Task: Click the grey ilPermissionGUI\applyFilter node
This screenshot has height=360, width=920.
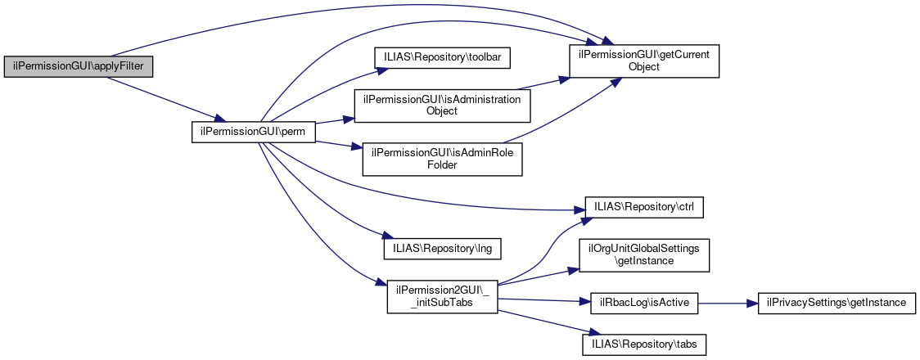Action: [x=79, y=66]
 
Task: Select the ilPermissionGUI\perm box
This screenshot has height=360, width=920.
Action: [x=253, y=131]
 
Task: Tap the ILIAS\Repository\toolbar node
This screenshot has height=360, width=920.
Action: [x=442, y=57]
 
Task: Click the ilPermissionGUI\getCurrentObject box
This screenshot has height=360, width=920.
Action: [x=644, y=61]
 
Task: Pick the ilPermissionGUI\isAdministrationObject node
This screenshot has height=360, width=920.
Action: [x=442, y=105]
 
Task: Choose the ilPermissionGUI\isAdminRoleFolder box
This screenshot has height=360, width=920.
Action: [x=442, y=159]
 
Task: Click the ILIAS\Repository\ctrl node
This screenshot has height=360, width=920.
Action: [x=643, y=207]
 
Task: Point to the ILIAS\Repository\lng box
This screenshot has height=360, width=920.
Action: [x=442, y=245]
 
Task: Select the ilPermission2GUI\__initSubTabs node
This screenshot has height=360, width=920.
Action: [x=442, y=296]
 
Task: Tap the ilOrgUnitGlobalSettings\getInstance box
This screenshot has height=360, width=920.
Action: [x=643, y=254]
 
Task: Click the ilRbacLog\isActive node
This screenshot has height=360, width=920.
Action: [x=643, y=303]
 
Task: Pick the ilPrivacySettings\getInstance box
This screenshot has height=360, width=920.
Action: [x=836, y=303]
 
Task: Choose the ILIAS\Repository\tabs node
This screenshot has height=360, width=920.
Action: [x=643, y=344]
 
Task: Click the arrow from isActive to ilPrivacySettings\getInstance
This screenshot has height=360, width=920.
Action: [x=727, y=303]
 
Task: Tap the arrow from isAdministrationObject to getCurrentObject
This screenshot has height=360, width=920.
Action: [x=544, y=84]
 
